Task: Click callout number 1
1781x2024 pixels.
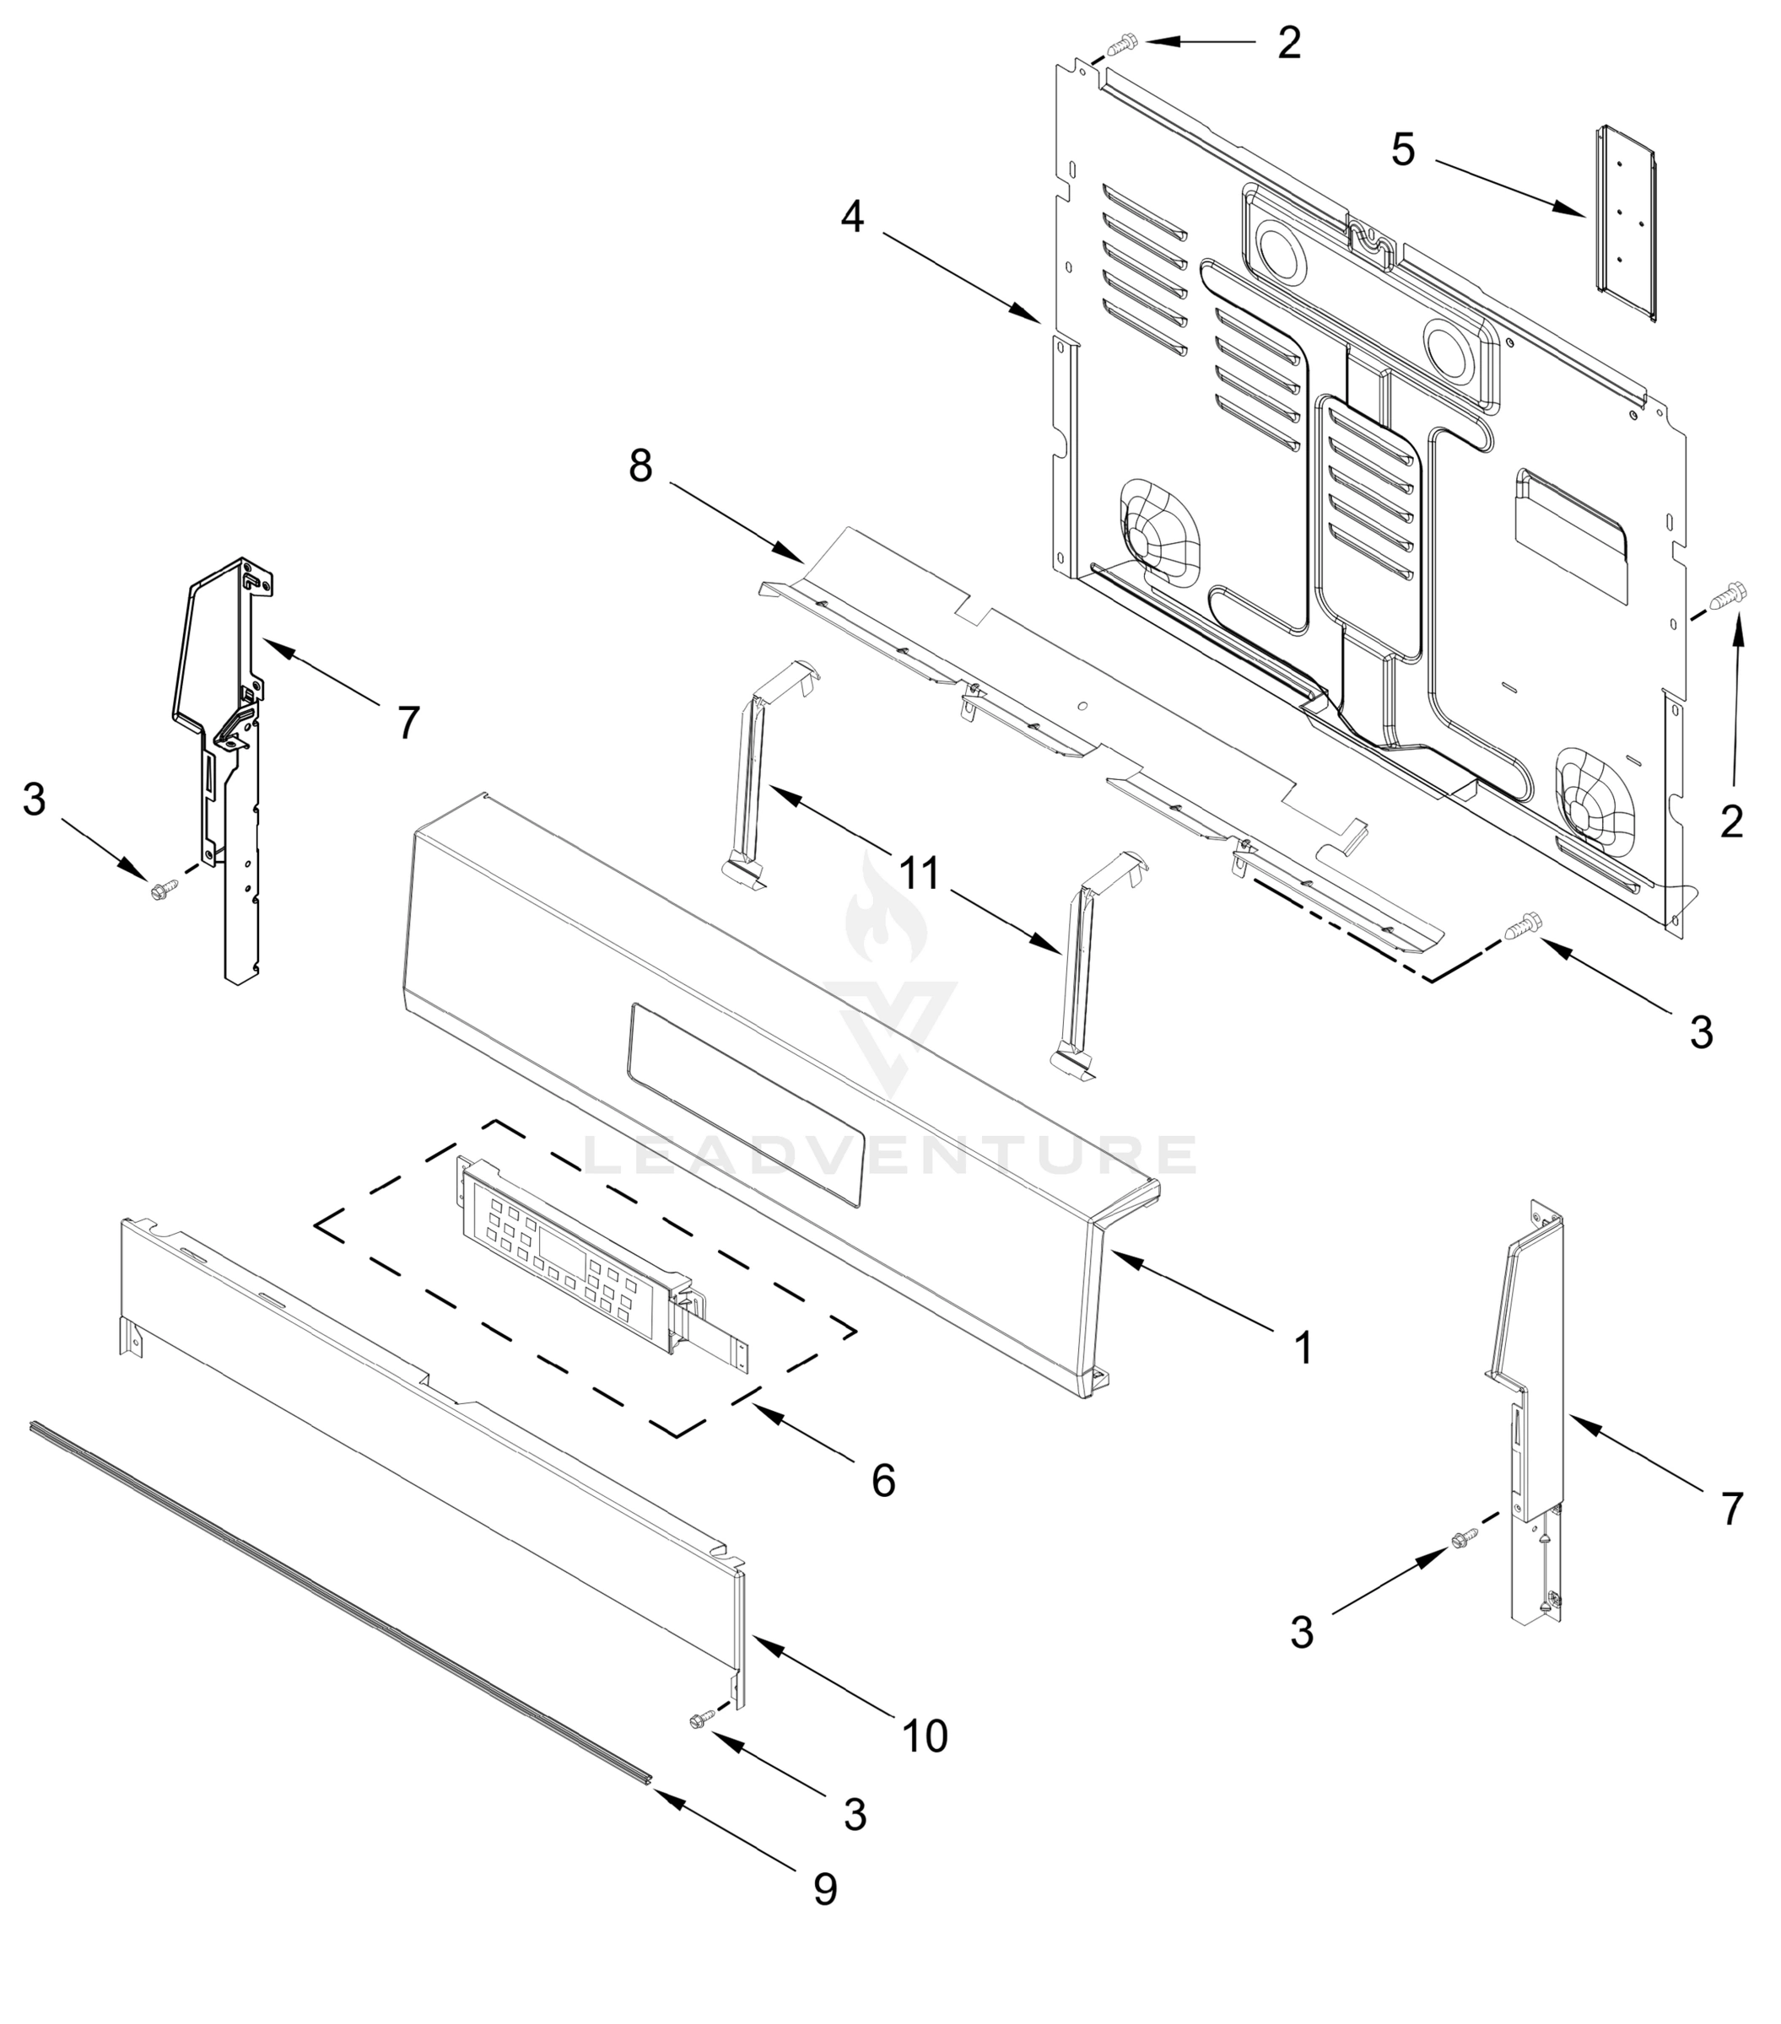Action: (1303, 1348)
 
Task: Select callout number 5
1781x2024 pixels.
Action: (1403, 150)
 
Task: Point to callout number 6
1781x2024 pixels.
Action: (882, 1479)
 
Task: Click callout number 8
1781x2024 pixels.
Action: (641, 466)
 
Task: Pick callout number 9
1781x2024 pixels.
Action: (824, 1889)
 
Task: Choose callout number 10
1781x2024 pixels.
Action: (924, 1736)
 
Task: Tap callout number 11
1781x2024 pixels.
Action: (918, 874)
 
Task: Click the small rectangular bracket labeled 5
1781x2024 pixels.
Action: (1626, 223)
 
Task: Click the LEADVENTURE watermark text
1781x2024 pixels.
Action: (888, 1155)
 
